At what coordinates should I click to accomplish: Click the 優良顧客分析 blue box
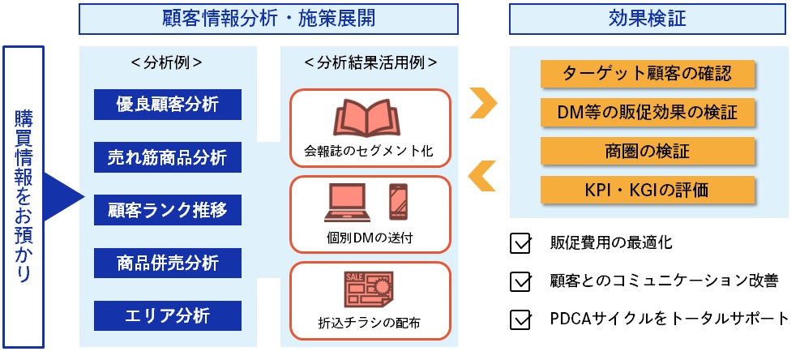168,104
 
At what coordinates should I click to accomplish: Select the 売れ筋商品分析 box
168,157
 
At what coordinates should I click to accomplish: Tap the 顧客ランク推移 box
168,211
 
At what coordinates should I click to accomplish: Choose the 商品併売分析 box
168,264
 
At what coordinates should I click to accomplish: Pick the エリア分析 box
168,316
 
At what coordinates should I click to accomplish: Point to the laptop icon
349,204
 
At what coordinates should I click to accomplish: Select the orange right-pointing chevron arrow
483,103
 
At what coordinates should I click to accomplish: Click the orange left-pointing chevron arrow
483,174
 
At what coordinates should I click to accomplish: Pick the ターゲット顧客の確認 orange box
648,75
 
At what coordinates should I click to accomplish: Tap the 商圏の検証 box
648,151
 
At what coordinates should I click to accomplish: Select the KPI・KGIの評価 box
648,191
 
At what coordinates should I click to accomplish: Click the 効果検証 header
648,19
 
